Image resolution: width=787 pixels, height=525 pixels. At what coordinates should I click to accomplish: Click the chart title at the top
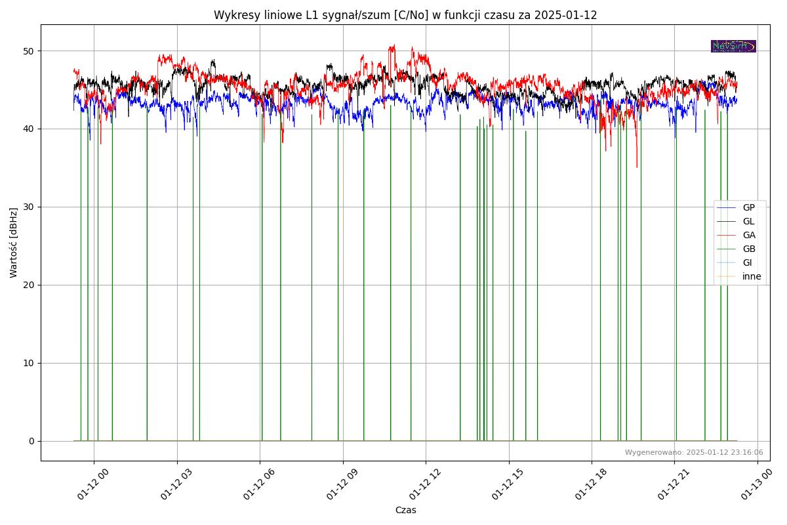point(405,15)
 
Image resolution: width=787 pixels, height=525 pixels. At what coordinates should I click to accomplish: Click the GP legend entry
point(748,207)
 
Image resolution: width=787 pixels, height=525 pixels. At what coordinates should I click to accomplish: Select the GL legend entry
point(748,221)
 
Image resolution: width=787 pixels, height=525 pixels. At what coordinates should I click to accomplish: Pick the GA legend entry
point(748,235)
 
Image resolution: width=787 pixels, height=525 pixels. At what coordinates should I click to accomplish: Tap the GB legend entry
point(748,249)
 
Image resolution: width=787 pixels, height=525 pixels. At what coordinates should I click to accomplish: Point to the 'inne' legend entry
point(752,276)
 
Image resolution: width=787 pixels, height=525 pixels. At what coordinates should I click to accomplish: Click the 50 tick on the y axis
point(29,51)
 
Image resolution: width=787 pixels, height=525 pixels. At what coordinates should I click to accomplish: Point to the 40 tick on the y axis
point(29,129)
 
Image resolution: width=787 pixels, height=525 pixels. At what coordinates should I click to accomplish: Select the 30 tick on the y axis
point(29,207)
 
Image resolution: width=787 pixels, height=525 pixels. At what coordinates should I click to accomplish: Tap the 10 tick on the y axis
point(29,363)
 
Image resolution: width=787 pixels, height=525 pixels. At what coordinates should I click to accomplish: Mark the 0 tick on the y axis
point(31,441)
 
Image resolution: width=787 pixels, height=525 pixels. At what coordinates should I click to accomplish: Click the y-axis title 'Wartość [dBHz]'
point(14,242)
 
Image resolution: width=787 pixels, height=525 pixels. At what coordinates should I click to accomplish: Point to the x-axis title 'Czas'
point(405,510)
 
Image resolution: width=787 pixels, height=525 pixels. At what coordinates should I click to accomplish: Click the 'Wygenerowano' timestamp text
point(693,452)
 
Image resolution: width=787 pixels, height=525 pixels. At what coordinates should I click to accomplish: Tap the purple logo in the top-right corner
point(733,46)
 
